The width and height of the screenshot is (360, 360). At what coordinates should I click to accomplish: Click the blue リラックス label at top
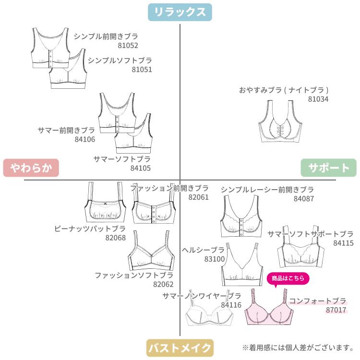click(180, 12)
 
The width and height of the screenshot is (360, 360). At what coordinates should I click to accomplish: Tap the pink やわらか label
click(31, 168)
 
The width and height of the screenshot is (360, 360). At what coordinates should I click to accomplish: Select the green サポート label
click(328, 168)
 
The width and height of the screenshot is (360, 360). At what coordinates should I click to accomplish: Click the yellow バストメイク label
click(180, 347)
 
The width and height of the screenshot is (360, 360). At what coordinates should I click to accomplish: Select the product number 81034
click(318, 99)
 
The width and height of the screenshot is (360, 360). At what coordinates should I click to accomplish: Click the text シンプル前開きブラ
click(106, 36)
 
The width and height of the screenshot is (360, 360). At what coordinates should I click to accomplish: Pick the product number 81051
click(142, 70)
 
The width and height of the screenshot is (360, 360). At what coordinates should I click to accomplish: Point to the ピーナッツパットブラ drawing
click(105, 202)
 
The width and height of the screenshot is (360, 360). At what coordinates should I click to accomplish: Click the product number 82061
click(198, 197)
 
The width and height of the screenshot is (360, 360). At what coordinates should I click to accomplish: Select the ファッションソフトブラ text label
click(134, 275)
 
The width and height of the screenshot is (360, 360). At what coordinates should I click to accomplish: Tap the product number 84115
click(343, 243)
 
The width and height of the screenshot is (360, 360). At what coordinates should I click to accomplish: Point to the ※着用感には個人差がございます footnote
click(298, 347)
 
